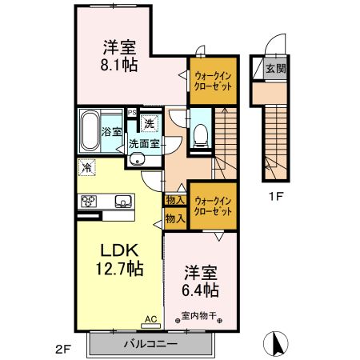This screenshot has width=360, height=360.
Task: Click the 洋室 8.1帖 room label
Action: click(118, 54)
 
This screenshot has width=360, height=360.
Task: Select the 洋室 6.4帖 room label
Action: click(200, 279)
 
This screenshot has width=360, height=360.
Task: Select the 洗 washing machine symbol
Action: click(148, 124)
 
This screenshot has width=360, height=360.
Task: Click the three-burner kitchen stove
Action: click(87, 201)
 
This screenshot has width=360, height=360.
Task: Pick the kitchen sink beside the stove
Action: click(123, 201)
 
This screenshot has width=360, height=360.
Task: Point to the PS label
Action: click(132, 113)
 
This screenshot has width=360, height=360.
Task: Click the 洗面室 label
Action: click(144, 145)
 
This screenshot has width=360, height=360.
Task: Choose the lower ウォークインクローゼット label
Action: click(214, 206)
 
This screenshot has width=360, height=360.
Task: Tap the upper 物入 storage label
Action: click(174, 200)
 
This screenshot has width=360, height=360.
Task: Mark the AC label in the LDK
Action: click(149, 318)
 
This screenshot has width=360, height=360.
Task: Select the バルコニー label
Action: click(150, 344)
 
